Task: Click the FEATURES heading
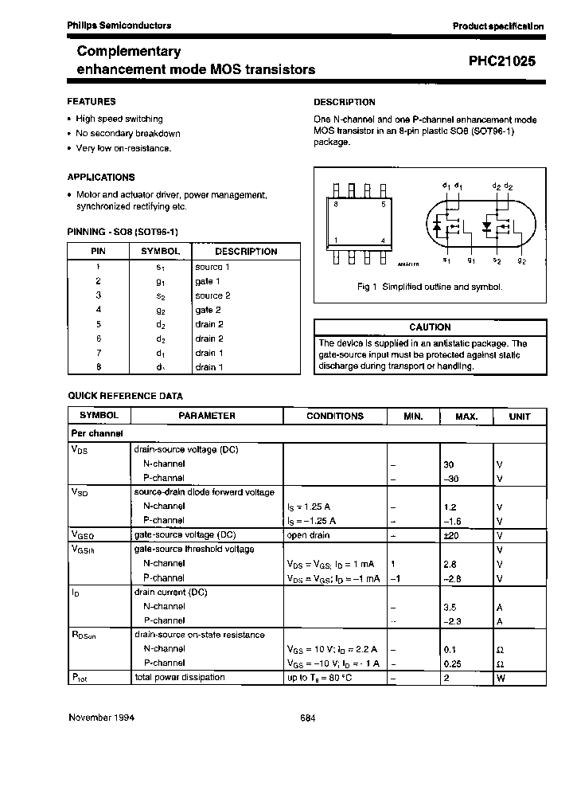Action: (x=92, y=101)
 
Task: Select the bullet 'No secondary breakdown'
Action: (x=127, y=134)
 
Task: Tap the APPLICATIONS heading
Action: (x=101, y=177)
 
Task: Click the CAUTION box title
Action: (x=430, y=327)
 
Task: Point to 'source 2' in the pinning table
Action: (x=212, y=295)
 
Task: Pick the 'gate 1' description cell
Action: (x=208, y=281)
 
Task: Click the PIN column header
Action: (x=98, y=251)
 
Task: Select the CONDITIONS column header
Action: (x=334, y=416)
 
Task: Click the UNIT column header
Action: (x=519, y=416)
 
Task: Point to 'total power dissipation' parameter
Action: (x=180, y=677)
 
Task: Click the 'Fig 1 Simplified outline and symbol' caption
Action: (x=429, y=287)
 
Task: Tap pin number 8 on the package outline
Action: (x=337, y=205)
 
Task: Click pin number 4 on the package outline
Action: (x=383, y=241)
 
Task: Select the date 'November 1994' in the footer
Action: (x=101, y=717)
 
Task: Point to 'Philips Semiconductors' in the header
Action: (x=119, y=25)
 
